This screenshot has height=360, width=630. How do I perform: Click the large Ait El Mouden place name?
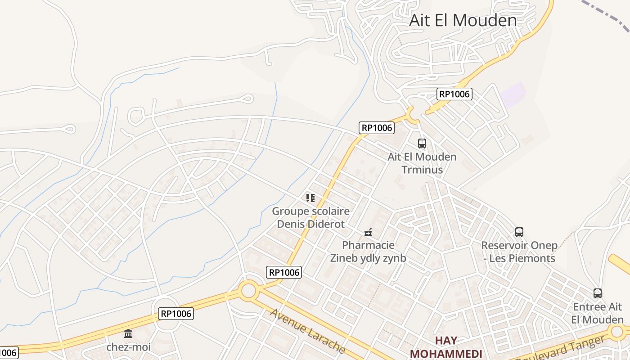coord(463,20)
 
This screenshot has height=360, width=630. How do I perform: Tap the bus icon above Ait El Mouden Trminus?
coord(422,144)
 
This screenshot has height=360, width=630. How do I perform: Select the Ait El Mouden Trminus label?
coord(422,163)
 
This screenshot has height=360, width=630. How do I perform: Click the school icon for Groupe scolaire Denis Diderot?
coord(310,198)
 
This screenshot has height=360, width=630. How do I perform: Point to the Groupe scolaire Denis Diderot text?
coord(310,217)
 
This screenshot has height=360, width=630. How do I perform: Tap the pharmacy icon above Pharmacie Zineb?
coord(368,232)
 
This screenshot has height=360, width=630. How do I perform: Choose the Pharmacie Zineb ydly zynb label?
coord(368,252)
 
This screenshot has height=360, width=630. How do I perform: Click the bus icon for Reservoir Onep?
coord(519,232)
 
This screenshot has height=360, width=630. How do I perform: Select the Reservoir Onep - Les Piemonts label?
coord(519,252)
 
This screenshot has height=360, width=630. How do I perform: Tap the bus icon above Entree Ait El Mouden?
coord(598,293)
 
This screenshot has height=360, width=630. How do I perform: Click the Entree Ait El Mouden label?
coord(598,313)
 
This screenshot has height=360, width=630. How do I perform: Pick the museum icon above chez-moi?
coord(128,333)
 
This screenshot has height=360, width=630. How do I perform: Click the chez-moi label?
coord(128,347)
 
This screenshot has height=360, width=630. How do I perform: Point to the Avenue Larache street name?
coord(308,331)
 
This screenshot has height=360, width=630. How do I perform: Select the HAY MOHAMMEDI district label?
coord(446,347)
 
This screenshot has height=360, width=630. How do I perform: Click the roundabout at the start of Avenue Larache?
coord(248,290)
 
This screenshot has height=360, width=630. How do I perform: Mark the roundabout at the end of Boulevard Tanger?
coord(617,333)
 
